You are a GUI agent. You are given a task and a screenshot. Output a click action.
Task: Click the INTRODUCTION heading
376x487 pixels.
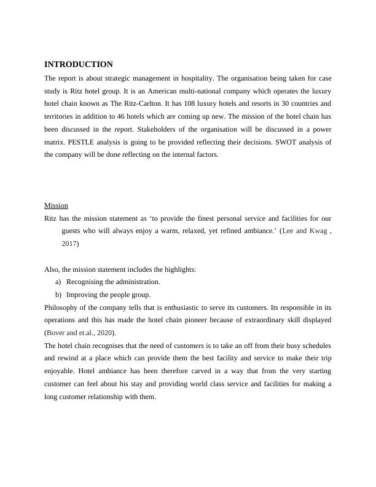[x=79, y=65]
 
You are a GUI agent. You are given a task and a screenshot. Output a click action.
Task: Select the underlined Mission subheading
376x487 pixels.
[x=56, y=205]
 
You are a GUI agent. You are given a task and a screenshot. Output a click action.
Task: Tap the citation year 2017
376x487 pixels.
[x=70, y=244]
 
